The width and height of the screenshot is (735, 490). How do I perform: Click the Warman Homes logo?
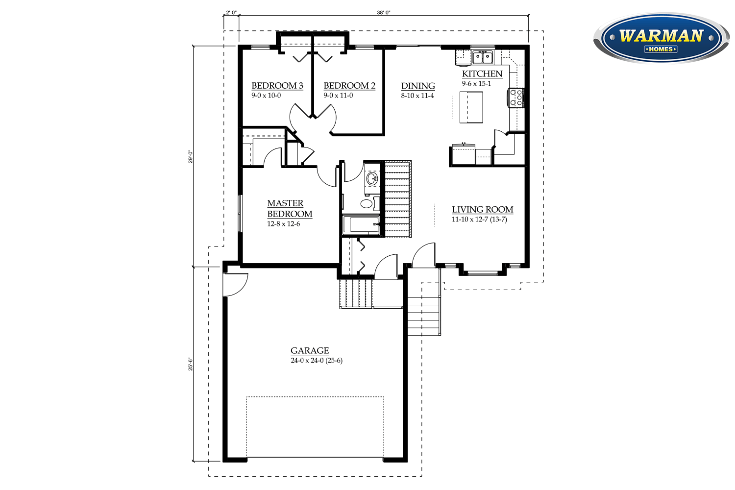661,38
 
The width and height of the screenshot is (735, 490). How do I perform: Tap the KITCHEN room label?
482,74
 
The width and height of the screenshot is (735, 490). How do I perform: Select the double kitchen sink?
482,57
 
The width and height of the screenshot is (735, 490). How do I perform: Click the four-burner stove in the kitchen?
516,98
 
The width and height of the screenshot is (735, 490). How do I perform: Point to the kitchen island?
471,107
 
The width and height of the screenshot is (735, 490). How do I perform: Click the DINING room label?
418,86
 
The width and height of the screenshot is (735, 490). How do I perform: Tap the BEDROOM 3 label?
277,86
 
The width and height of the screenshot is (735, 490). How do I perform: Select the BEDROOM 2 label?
349,86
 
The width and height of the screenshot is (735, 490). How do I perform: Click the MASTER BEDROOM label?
290,208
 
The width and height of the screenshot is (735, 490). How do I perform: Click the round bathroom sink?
372,179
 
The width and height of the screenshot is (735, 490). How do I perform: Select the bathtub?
361,224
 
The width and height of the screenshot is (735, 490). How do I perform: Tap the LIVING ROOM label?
482,209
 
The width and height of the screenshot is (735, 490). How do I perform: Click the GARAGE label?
309,350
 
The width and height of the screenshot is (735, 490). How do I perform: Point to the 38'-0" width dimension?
384,13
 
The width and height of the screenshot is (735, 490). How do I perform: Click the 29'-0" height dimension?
190,156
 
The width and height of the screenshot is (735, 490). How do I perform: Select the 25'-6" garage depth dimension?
190,364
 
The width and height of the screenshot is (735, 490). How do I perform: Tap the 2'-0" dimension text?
231,13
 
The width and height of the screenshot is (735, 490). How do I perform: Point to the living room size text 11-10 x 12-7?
469,220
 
